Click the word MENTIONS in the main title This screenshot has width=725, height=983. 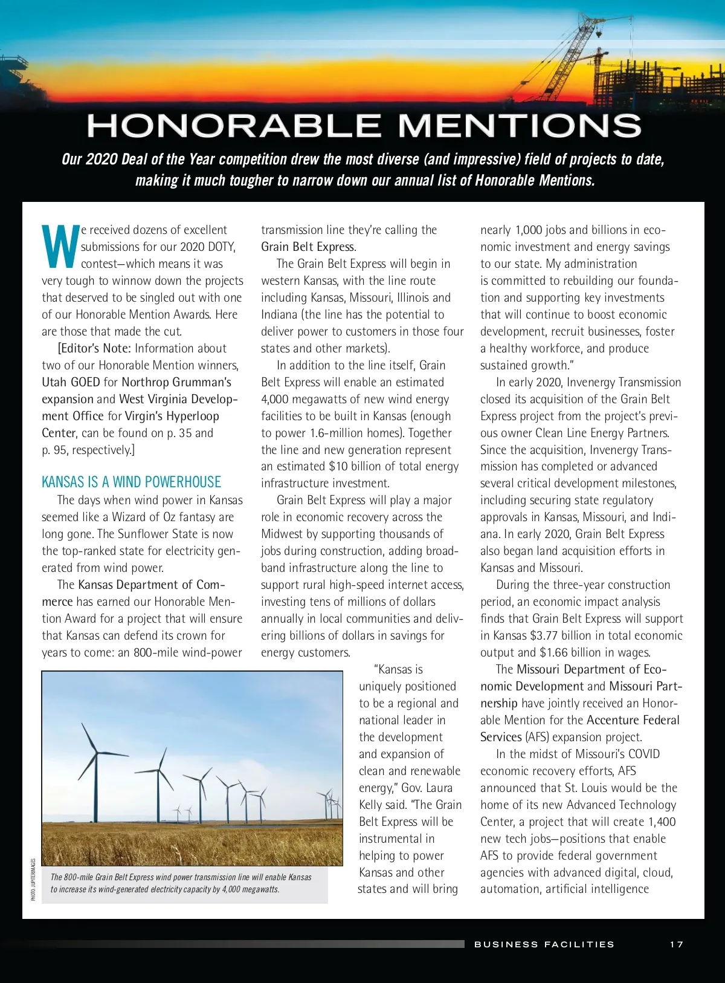(x=519, y=126)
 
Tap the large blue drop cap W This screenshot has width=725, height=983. (x=60, y=246)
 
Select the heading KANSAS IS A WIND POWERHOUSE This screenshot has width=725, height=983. (x=131, y=482)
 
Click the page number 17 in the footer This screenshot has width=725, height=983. (x=676, y=944)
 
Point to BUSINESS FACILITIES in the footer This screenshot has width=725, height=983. (x=544, y=944)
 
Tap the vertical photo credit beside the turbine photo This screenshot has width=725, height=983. (x=33, y=880)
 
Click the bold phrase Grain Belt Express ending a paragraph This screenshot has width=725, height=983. (x=308, y=247)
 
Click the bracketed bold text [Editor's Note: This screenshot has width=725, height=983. (x=94, y=348)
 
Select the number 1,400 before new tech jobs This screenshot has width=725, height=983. (x=662, y=822)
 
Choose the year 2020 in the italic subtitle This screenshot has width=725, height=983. (x=101, y=159)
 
